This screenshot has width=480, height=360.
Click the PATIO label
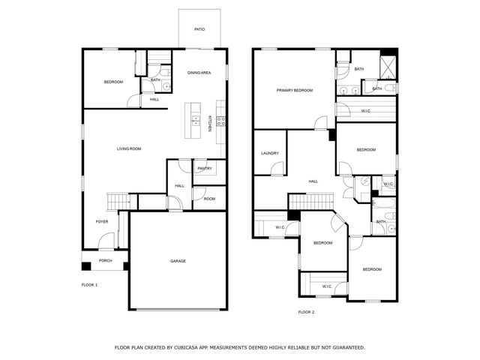pyautogui.click(x=199, y=29)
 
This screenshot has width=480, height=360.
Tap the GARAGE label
pyautogui.click(x=178, y=261)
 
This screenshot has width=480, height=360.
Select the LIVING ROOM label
pyautogui.click(x=129, y=148)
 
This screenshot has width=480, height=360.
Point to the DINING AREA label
pyautogui.click(x=199, y=72)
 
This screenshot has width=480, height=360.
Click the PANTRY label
pyautogui.click(x=205, y=169)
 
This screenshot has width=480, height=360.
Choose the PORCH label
pyautogui.click(x=105, y=260)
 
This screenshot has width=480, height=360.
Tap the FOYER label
pyautogui.click(x=102, y=222)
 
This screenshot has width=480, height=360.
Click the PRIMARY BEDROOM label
pyautogui.click(x=294, y=90)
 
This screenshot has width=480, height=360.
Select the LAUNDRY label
pyautogui.click(x=270, y=154)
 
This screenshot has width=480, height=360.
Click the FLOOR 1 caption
pyautogui.click(x=89, y=285)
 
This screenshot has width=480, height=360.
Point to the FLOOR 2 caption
pyautogui.click(x=306, y=312)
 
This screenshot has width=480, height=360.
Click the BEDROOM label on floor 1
pyautogui.click(x=113, y=82)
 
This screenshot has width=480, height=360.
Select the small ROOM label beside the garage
pyautogui.click(x=209, y=199)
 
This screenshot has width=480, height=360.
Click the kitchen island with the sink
pyautogui.click(x=195, y=119)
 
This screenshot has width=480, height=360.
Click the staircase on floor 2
pyautogui.click(x=311, y=201)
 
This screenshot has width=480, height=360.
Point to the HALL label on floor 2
pyautogui.click(x=313, y=181)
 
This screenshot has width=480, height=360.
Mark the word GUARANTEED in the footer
pyautogui.click(x=346, y=348)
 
